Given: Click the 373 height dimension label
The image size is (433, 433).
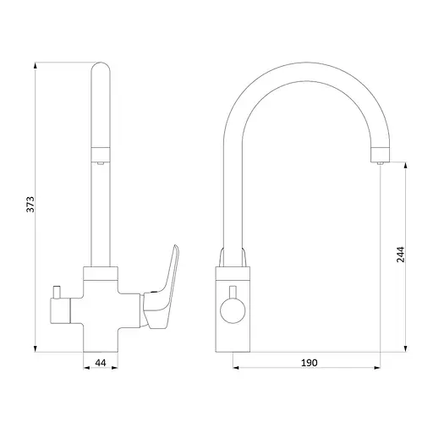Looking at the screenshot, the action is point(30,205).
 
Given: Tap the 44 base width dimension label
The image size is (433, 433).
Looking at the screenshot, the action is point(101,363).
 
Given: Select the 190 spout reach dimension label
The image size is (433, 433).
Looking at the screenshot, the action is point(310,363).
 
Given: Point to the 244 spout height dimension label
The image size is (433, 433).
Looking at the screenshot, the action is point(400,255).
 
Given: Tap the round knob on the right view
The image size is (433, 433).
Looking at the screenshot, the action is point(233,310).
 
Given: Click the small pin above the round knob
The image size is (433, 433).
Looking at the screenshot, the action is point(233,292).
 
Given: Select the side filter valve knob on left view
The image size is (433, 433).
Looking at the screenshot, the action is point(60,311).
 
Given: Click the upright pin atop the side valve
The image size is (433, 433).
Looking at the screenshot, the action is point(57,293).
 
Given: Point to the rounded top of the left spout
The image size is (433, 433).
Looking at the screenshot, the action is point(101,68).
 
